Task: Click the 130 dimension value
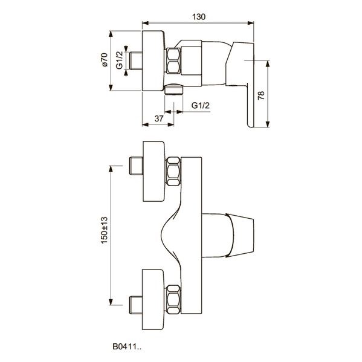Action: coord(199,17)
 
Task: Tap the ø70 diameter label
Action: coord(105,60)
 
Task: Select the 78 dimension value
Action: coord(261,95)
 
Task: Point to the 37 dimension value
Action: coord(159,118)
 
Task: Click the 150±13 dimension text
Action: coord(105,230)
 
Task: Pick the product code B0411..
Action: coord(127,346)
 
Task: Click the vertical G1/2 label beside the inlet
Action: coord(120,60)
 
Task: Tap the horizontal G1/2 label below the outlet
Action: coord(201,106)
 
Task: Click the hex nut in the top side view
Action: coord(173,61)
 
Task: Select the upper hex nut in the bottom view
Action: coord(173,171)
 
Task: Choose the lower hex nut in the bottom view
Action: coord(173,299)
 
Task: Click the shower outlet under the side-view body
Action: coord(174,89)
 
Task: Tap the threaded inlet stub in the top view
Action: coord(136,60)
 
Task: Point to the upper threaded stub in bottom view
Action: coord(136,166)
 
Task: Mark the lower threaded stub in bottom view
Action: coord(136,305)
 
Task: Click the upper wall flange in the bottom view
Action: coord(154,171)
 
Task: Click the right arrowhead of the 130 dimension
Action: coord(251,23)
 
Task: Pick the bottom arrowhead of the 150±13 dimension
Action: coord(111,302)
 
